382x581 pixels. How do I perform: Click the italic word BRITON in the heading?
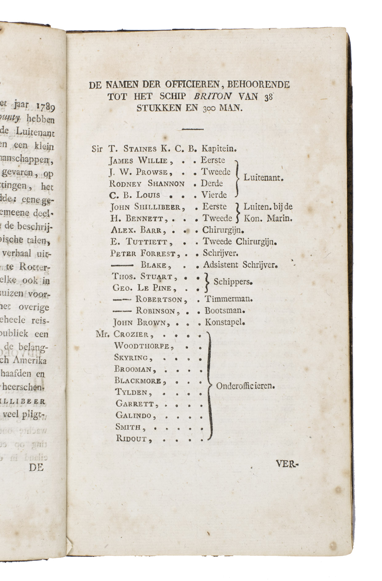213,96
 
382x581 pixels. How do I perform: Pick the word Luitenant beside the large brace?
263,178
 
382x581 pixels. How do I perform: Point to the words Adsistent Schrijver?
240,265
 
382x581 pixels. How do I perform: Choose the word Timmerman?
229,298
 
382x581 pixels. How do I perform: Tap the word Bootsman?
225,310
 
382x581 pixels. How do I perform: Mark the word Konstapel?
225,323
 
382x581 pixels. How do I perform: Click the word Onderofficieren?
245,386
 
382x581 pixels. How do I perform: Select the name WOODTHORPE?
142,346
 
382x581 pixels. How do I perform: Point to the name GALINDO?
134,415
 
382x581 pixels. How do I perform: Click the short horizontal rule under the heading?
193,129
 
